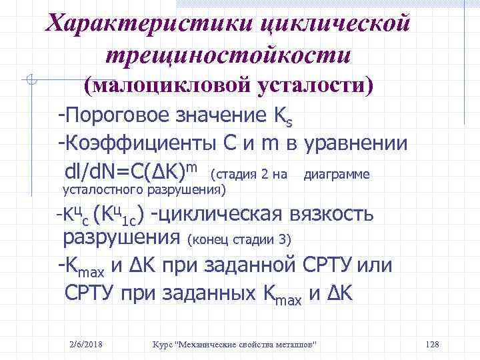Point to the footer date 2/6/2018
[89, 343]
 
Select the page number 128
[431, 343]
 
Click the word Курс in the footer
[162, 343]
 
